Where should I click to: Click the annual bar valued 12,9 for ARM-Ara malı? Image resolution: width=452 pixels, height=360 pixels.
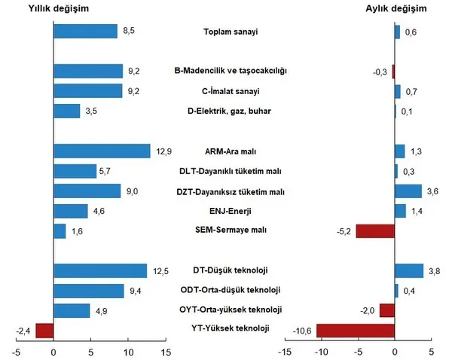click(102, 151)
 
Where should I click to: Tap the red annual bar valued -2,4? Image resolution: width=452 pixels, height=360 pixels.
click(44, 330)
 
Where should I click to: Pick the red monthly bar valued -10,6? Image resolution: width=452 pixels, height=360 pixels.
click(356, 330)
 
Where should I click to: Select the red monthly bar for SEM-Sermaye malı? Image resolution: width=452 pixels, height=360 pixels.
click(375, 230)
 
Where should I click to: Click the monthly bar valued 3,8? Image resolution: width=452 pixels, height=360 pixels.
click(409, 270)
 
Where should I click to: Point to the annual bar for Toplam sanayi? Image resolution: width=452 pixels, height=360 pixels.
click(85, 31)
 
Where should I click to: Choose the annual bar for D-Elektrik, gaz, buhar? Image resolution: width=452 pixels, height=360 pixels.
click(67, 111)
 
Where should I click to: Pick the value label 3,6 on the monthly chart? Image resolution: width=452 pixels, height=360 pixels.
click(432, 191)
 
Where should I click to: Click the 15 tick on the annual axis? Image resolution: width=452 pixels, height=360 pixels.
click(165, 350)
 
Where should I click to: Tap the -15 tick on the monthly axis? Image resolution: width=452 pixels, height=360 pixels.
click(284, 350)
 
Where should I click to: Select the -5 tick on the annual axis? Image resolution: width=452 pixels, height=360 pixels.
click(16, 350)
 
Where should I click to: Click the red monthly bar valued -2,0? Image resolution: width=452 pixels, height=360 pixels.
click(387, 310)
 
